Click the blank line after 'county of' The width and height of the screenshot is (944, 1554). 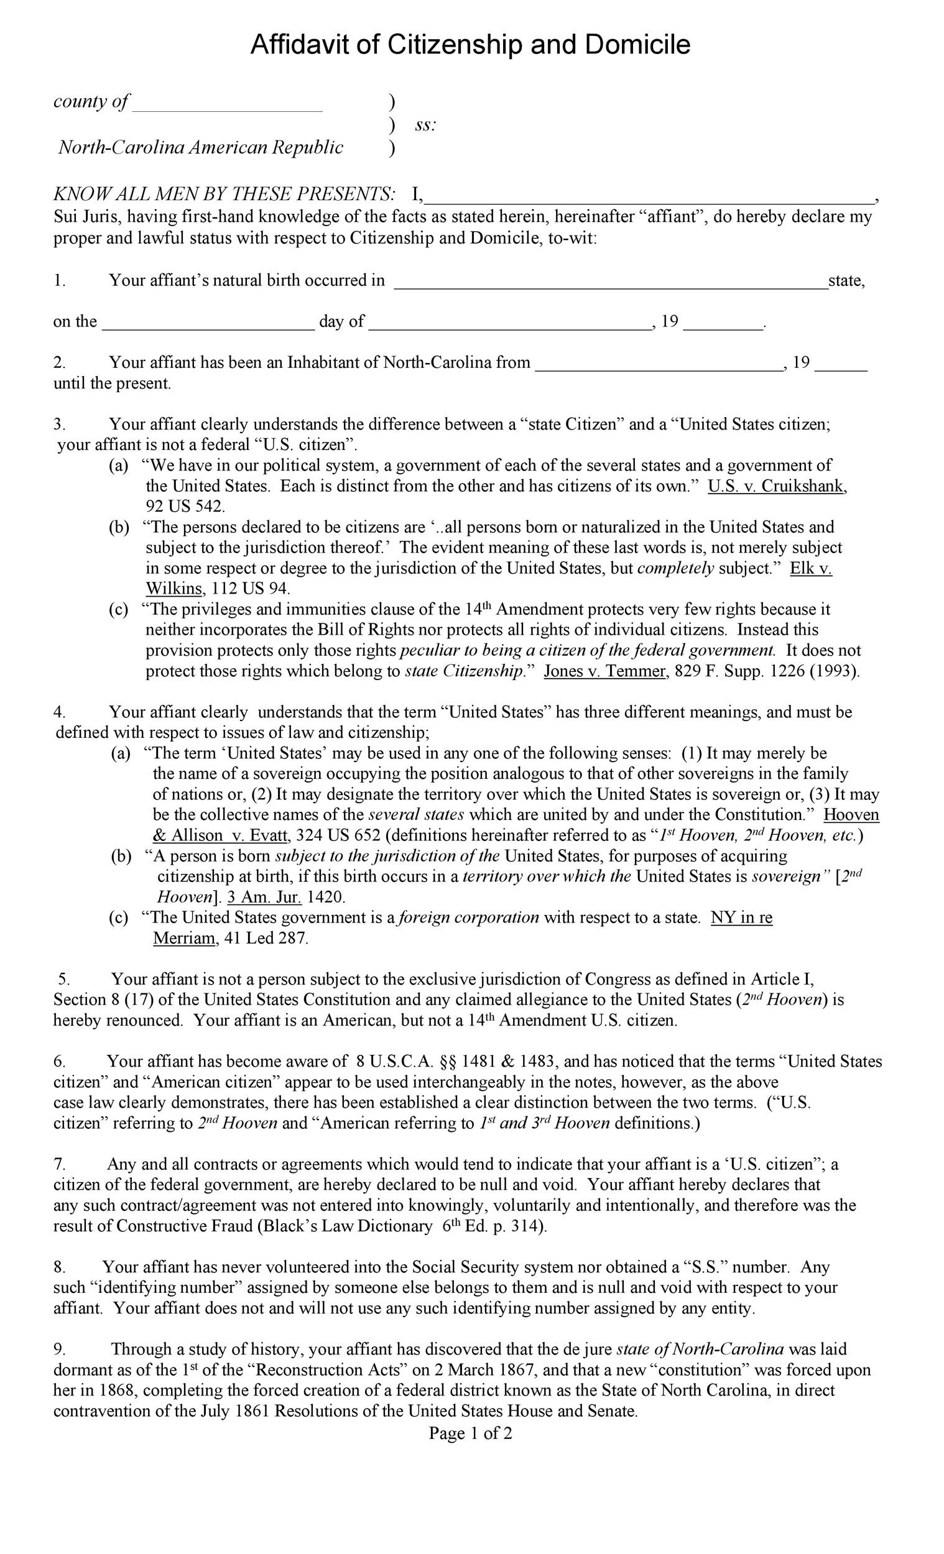click(x=227, y=104)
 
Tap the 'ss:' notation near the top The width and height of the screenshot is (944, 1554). click(x=425, y=125)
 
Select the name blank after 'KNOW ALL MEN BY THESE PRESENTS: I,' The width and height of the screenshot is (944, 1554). click(x=650, y=198)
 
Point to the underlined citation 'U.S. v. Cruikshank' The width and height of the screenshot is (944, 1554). click(x=776, y=486)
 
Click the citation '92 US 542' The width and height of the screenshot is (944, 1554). click(x=185, y=507)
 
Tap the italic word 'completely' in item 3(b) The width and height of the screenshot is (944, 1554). click(x=676, y=568)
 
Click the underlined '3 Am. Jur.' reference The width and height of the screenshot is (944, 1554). click(x=264, y=897)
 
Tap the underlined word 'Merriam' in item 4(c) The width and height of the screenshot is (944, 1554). click(x=184, y=939)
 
